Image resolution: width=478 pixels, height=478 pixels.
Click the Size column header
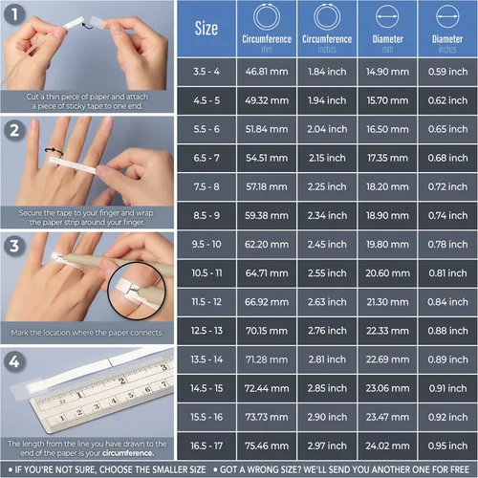pyautogui.click(x=206, y=29)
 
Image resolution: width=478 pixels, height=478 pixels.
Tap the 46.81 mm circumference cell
pyautogui.click(x=267, y=72)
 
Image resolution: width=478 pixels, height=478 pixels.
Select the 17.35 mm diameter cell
pyautogui.click(x=387, y=158)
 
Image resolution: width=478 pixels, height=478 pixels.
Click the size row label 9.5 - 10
pyautogui.click(x=206, y=245)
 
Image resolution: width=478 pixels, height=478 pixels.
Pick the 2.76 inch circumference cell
pyautogui.click(x=327, y=331)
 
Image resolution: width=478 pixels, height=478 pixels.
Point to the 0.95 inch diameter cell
pyautogui.click(x=447, y=445)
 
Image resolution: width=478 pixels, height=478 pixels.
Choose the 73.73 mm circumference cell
pyautogui.click(x=267, y=417)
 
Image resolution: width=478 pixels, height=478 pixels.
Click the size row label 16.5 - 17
pyautogui.click(x=206, y=445)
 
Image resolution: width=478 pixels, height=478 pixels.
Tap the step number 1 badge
pyautogui.click(x=14, y=14)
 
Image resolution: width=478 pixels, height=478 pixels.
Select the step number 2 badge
pyautogui.click(x=14, y=130)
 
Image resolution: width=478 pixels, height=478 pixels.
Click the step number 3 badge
pyautogui.click(x=14, y=246)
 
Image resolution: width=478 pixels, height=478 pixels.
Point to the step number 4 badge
pyautogui.click(x=14, y=361)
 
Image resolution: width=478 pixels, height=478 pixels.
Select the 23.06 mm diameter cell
pyautogui.click(x=387, y=388)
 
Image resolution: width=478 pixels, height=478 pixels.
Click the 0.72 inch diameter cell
pyautogui.click(x=447, y=186)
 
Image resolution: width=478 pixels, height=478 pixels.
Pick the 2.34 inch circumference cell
pyautogui.click(x=327, y=216)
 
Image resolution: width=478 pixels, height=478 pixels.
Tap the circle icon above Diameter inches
pyautogui.click(x=447, y=16)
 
